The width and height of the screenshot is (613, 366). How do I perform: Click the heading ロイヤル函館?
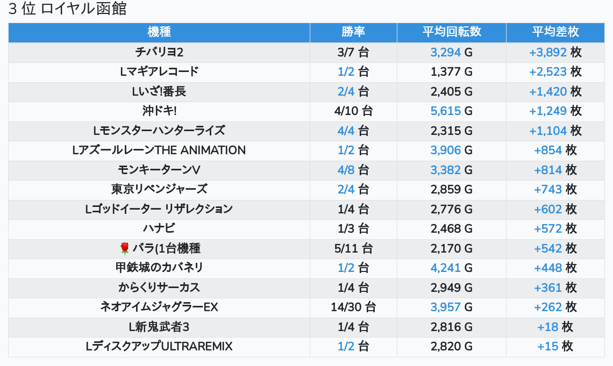point(68,9)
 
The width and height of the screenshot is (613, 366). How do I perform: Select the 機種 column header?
point(159,32)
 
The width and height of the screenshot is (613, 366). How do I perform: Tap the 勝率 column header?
point(353,32)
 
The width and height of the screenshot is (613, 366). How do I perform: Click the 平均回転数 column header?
point(452,32)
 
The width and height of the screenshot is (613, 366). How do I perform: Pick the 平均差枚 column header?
point(555,32)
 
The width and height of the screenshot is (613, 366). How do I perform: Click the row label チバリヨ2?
point(159,52)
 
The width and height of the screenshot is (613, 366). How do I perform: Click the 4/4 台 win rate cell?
point(353,131)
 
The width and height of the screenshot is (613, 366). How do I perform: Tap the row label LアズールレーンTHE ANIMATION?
point(159,150)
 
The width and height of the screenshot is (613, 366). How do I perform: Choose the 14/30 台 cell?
point(353,307)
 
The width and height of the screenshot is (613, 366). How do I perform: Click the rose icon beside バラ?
point(125,248)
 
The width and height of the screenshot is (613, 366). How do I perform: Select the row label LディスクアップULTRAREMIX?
point(159,347)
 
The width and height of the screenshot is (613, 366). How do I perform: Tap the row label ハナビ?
point(159,228)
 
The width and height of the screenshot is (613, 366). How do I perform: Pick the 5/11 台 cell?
point(353,248)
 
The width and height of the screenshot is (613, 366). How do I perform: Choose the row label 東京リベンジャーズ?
point(159,189)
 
